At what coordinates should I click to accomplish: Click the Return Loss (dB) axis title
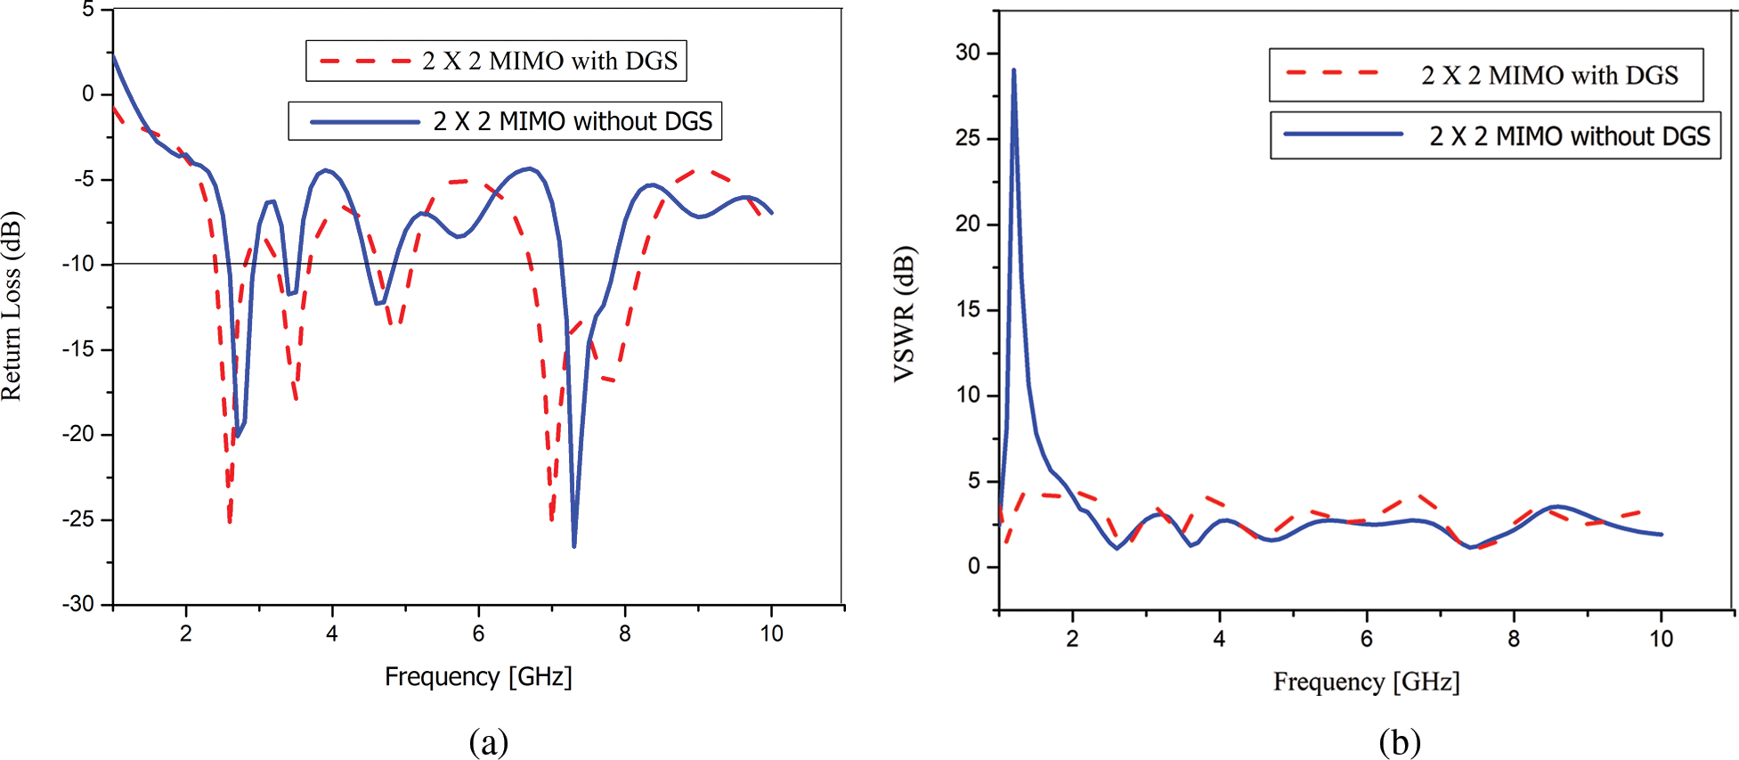pos(12,306)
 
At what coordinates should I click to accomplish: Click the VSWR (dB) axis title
pos(904,314)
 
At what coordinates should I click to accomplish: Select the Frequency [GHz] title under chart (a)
pos(478,677)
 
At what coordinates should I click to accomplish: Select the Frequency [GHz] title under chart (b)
pos(1366,682)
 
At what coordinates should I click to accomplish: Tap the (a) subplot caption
pos(488,741)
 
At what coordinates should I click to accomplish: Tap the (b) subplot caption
pos(1399,741)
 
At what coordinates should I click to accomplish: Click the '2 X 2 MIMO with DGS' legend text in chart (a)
pos(549,61)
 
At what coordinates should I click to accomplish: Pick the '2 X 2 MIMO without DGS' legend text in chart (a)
pos(573,121)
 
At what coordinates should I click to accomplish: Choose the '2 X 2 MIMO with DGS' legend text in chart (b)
pos(1549,76)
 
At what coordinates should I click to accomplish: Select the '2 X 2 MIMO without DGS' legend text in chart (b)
pos(1570,136)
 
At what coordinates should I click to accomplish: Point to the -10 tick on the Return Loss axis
pos(77,264)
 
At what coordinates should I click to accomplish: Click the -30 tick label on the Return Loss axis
pos(77,604)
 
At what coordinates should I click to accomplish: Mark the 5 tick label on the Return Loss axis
pos(87,10)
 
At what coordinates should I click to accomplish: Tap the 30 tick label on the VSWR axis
pos(967,53)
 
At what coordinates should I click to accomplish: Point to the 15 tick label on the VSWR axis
pos(967,309)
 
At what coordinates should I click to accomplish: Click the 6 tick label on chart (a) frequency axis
pos(478,633)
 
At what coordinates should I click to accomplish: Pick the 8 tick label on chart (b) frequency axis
pos(1514,639)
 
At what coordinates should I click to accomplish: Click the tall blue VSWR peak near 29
pos(1013,70)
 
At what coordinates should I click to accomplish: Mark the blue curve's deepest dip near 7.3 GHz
pos(574,545)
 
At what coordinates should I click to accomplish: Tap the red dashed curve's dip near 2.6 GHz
pos(230,520)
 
